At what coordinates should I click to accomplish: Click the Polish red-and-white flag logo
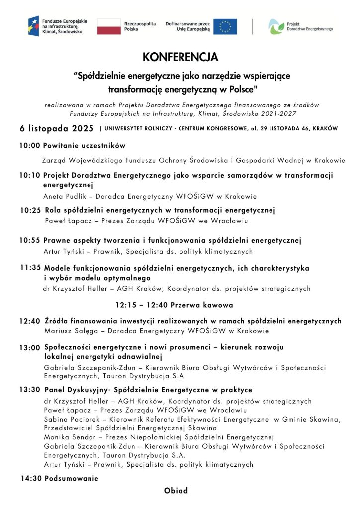109,26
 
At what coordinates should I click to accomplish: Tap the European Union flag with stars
225,26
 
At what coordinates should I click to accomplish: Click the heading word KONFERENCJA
180,58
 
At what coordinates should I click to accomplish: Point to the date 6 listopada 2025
57,128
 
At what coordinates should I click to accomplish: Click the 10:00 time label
30,146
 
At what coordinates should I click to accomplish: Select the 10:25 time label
31,210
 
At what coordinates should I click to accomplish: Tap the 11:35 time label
30,267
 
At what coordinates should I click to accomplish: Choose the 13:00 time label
30,348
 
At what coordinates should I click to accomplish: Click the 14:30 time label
31,479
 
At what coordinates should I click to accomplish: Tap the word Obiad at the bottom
176,491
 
